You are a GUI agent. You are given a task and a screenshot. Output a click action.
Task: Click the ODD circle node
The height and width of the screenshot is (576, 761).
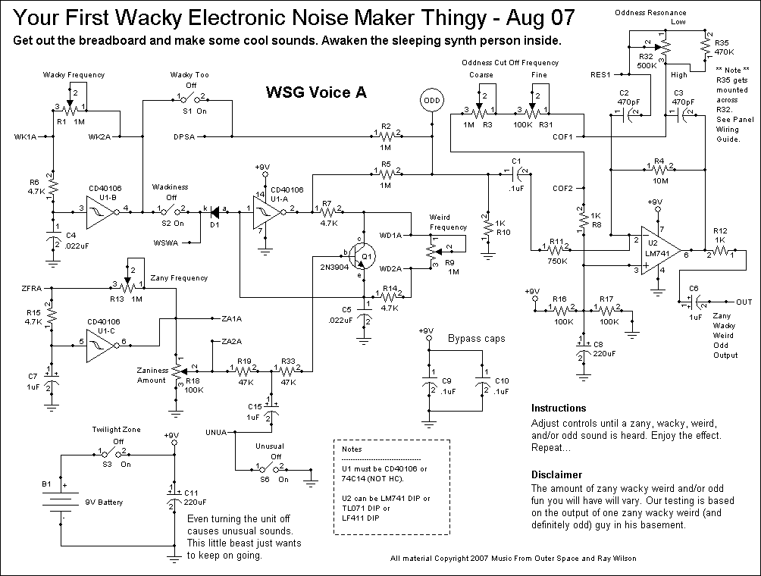(431, 100)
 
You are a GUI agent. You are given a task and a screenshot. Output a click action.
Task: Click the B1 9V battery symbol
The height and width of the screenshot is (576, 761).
(61, 501)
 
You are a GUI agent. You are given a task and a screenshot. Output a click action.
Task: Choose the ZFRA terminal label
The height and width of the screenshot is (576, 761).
(32, 289)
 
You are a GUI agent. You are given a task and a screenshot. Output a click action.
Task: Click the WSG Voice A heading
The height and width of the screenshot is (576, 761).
(316, 92)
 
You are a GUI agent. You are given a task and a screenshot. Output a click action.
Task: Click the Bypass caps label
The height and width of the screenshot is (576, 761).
(475, 338)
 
